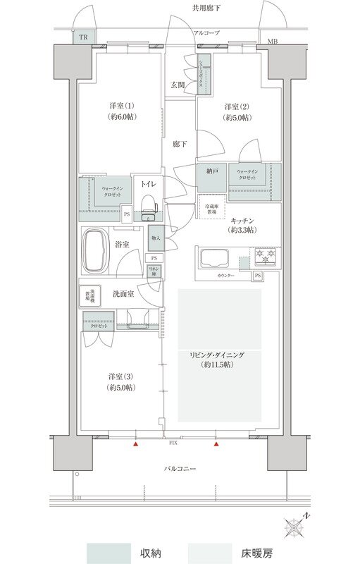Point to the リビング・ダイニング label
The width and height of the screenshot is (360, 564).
coord(219,360)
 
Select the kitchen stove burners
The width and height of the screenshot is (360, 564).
coord(267,256)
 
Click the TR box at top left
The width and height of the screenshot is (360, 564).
coord(83,37)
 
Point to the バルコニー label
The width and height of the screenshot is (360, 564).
coord(180,468)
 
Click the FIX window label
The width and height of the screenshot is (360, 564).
coord(173,444)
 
